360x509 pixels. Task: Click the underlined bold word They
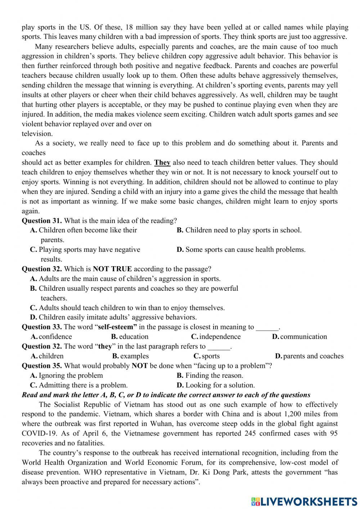(162, 162)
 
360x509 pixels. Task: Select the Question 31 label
(42, 220)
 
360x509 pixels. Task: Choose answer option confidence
(55, 336)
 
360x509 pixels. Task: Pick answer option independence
(220, 336)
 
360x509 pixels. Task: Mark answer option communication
(303, 336)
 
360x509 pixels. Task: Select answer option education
(134, 336)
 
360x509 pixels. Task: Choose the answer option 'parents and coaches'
(313, 356)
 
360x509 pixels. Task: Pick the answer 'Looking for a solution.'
(220, 385)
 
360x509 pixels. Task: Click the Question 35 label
(42, 366)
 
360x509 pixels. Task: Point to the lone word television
(37, 134)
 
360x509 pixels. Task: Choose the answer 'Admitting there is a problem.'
(83, 385)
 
